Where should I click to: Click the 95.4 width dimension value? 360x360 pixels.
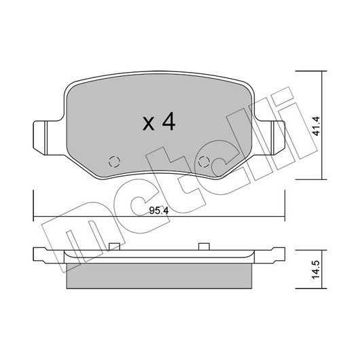(x=159, y=211)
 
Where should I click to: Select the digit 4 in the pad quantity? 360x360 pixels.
(x=168, y=122)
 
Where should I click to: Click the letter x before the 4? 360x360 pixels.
(x=148, y=124)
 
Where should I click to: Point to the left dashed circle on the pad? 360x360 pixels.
(x=114, y=162)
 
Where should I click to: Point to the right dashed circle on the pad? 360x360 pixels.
(x=204, y=162)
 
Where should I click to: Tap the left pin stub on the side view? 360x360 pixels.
(x=114, y=247)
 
